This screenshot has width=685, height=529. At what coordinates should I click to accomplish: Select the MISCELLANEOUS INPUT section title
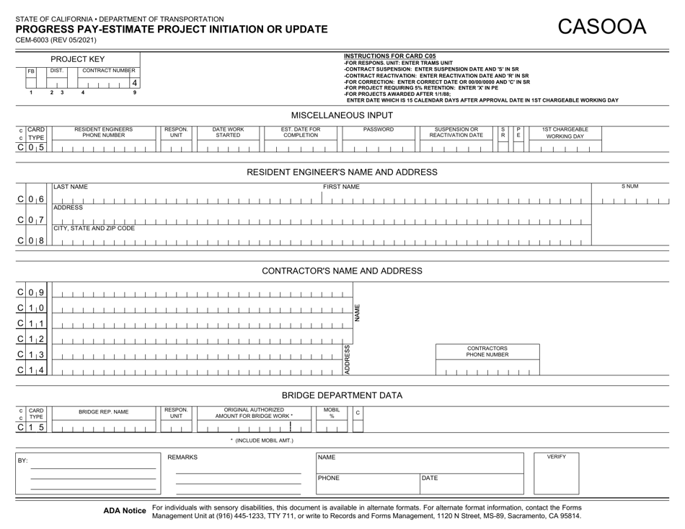(x=342, y=115)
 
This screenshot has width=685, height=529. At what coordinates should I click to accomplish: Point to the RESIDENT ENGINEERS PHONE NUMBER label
(x=103, y=132)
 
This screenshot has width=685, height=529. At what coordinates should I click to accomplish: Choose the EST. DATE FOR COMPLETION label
(x=301, y=132)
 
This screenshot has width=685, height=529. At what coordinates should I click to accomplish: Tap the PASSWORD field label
(x=379, y=129)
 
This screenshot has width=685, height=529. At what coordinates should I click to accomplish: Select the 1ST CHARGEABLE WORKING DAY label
(x=565, y=132)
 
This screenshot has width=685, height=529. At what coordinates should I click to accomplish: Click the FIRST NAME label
(x=341, y=187)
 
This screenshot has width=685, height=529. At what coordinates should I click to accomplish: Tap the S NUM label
(x=630, y=187)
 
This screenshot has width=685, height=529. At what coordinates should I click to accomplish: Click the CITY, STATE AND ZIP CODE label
(x=94, y=228)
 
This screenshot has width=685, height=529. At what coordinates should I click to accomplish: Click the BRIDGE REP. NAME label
(x=103, y=411)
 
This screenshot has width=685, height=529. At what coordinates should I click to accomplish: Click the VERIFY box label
(x=556, y=457)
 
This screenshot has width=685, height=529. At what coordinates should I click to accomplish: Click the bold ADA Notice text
(x=125, y=511)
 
